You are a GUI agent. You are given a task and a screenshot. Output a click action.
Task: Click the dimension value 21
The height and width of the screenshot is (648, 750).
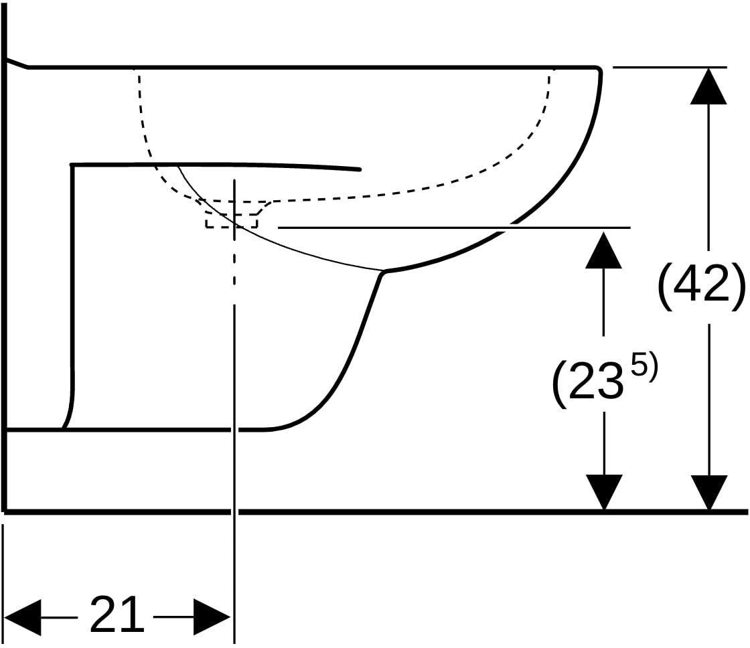pyautogui.click(x=117, y=615)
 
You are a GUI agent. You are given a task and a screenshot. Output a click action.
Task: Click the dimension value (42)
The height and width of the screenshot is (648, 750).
pyautogui.click(x=702, y=285)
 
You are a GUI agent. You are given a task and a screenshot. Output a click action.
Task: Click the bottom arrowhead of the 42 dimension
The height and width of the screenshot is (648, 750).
pyautogui.click(x=709, y=493)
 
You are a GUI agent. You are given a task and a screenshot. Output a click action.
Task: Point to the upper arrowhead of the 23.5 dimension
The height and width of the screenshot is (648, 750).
pyautogui.click(x=603, y=250)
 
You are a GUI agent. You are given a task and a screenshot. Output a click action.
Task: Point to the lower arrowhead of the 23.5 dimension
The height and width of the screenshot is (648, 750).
pyautogui.click(x=604, y=493)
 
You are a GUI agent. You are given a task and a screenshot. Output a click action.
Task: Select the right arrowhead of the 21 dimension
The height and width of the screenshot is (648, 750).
pyautogui.click(x=212, y=617)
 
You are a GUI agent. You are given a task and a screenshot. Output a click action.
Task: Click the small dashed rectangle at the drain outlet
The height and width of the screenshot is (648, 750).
pyautogui.click(x=232, y=222)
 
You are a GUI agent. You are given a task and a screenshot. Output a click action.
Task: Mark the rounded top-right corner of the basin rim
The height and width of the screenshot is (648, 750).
pyautogui.click(x=598, y=70)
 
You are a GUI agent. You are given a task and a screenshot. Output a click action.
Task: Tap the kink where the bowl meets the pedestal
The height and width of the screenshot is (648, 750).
pyautogui.click(x=382, y=272)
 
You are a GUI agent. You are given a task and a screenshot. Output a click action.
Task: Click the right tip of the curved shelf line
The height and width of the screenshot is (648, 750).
pyautogui.click(x=359, y=169)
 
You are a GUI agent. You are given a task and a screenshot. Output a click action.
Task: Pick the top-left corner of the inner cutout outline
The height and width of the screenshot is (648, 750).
pyautogui.click(x=72, y=165)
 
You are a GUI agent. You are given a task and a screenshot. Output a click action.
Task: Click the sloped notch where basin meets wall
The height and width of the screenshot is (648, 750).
pyautogui.click(x=17, y=63)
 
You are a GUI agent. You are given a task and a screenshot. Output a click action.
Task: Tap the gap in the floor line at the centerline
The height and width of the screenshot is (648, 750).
pyautogui.click(x=234, y=511)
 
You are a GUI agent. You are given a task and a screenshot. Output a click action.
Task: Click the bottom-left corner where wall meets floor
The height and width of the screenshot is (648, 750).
pyautogui.click(x=5, y=511)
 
